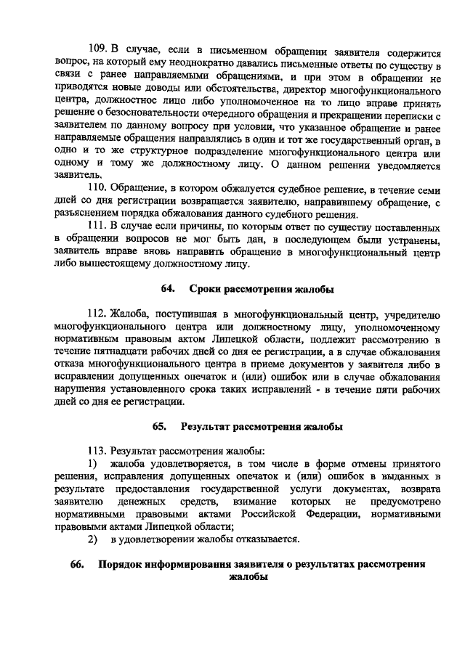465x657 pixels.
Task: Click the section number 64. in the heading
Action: point(169,290)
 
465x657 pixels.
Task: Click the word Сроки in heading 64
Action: point(205,290)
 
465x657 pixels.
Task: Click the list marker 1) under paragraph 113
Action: point(92,463)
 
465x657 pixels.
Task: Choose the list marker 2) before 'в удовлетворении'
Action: point(92,539)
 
